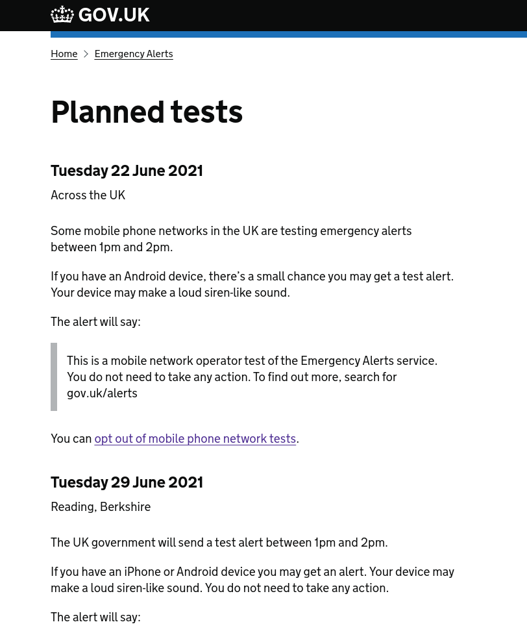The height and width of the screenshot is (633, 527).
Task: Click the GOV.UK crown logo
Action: pos(62,14)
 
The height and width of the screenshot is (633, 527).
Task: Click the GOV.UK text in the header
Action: pos(114,15)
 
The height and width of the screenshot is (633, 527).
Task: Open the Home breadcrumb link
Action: pos(64,54)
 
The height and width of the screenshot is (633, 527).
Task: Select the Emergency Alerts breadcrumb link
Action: pos(133,54)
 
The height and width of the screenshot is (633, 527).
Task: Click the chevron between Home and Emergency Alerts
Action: pos(86,54)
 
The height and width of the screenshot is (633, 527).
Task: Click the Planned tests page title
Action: pos(147,112)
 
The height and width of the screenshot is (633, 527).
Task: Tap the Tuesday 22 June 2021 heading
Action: pos(127,171)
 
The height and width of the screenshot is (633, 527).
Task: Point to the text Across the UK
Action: pos(88,195)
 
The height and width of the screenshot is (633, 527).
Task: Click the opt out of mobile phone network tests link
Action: pos(195,439)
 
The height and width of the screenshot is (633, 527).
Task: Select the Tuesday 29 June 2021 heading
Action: pos(127,482)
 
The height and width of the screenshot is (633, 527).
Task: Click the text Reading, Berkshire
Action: pos(101,507)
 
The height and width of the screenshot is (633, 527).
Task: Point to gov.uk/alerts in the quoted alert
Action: pos(102,393)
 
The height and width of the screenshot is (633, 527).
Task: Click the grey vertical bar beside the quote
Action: pos(54,377)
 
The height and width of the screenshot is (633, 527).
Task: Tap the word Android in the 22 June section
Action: pos(144,277)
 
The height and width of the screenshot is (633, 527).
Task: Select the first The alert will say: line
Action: pos(95,322)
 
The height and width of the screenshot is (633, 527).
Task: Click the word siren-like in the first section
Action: pos(227,293)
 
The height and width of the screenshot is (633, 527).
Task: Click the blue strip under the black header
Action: pos(288,34)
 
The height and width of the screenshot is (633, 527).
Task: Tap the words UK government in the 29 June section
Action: pos(113,543)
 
